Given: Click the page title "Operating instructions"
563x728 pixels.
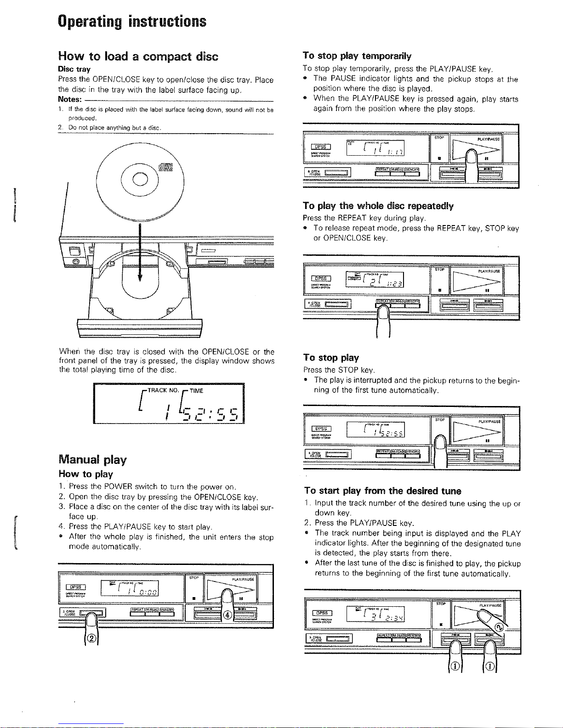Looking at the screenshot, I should pos(132,22).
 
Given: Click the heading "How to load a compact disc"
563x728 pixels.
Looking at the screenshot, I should pos(138,56).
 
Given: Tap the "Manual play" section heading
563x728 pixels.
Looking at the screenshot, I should pos(92,459).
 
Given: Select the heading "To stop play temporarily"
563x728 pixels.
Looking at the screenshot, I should pos(357,56).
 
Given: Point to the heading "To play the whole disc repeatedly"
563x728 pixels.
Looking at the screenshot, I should pos(378,206).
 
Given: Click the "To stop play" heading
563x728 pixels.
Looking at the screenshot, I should pos(331,357).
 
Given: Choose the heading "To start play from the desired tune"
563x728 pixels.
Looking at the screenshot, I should pos(382,491).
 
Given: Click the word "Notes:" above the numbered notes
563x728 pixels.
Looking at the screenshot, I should pos(70,100).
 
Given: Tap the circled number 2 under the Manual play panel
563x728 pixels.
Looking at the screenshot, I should pos(91,638).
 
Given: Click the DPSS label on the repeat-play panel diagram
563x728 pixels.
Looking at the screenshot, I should pos(321,278).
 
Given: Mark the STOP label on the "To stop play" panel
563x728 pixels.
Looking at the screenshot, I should pos(440,419).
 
